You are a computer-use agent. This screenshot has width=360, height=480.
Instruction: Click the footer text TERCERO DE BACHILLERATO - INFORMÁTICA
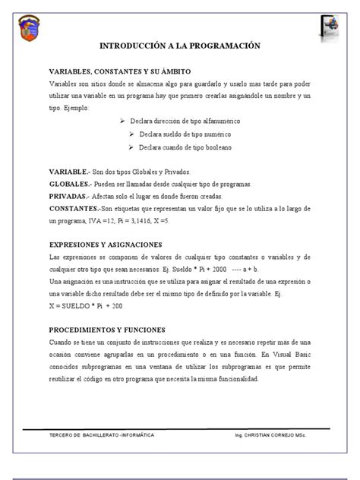tap(101, 436)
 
